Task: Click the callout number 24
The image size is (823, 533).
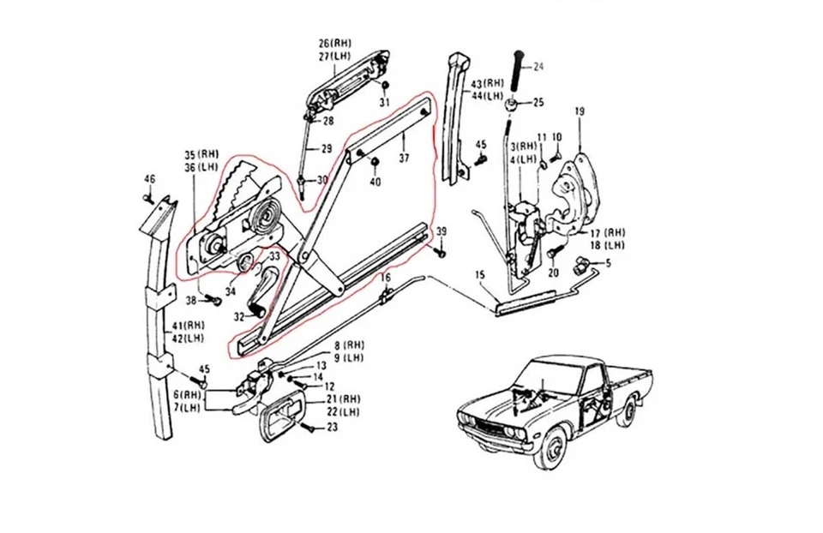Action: tap(538, 66)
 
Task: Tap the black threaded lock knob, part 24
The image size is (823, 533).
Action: tap(517, 72)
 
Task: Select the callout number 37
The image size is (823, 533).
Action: tap(404, 159)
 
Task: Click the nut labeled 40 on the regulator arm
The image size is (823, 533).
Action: tap(375, 166)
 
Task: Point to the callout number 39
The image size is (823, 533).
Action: tap(442, 233)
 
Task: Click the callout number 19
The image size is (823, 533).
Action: tap(580, 112)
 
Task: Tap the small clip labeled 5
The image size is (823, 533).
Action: tap(587, 262)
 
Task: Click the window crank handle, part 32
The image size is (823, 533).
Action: tap(262, 296)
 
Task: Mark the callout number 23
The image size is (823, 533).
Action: tap(333, 427)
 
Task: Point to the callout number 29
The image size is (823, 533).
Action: tap(326, 148)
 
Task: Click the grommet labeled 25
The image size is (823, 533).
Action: tap(512, 105)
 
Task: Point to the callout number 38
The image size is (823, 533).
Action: tap(190, 300)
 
